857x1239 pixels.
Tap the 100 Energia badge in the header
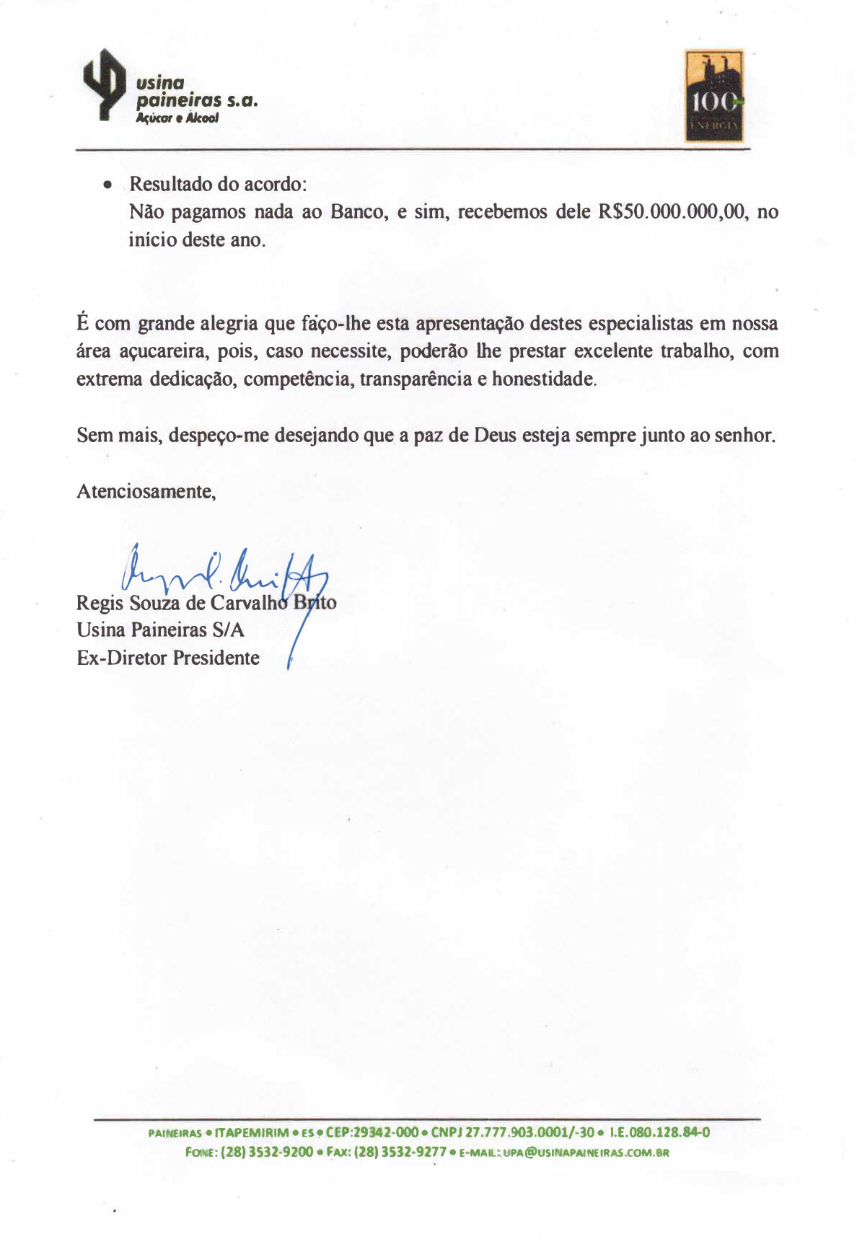(x=713, y=96)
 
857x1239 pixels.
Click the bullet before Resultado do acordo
(x=107, y=185)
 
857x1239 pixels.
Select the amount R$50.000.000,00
(x=671, y=212)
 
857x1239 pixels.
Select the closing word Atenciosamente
(x=146, y=492)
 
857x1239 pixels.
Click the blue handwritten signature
(x=224, y=577)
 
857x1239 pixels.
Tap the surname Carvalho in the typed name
(x=248, y=603)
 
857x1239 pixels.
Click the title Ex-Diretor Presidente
(x=168, y=658)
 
